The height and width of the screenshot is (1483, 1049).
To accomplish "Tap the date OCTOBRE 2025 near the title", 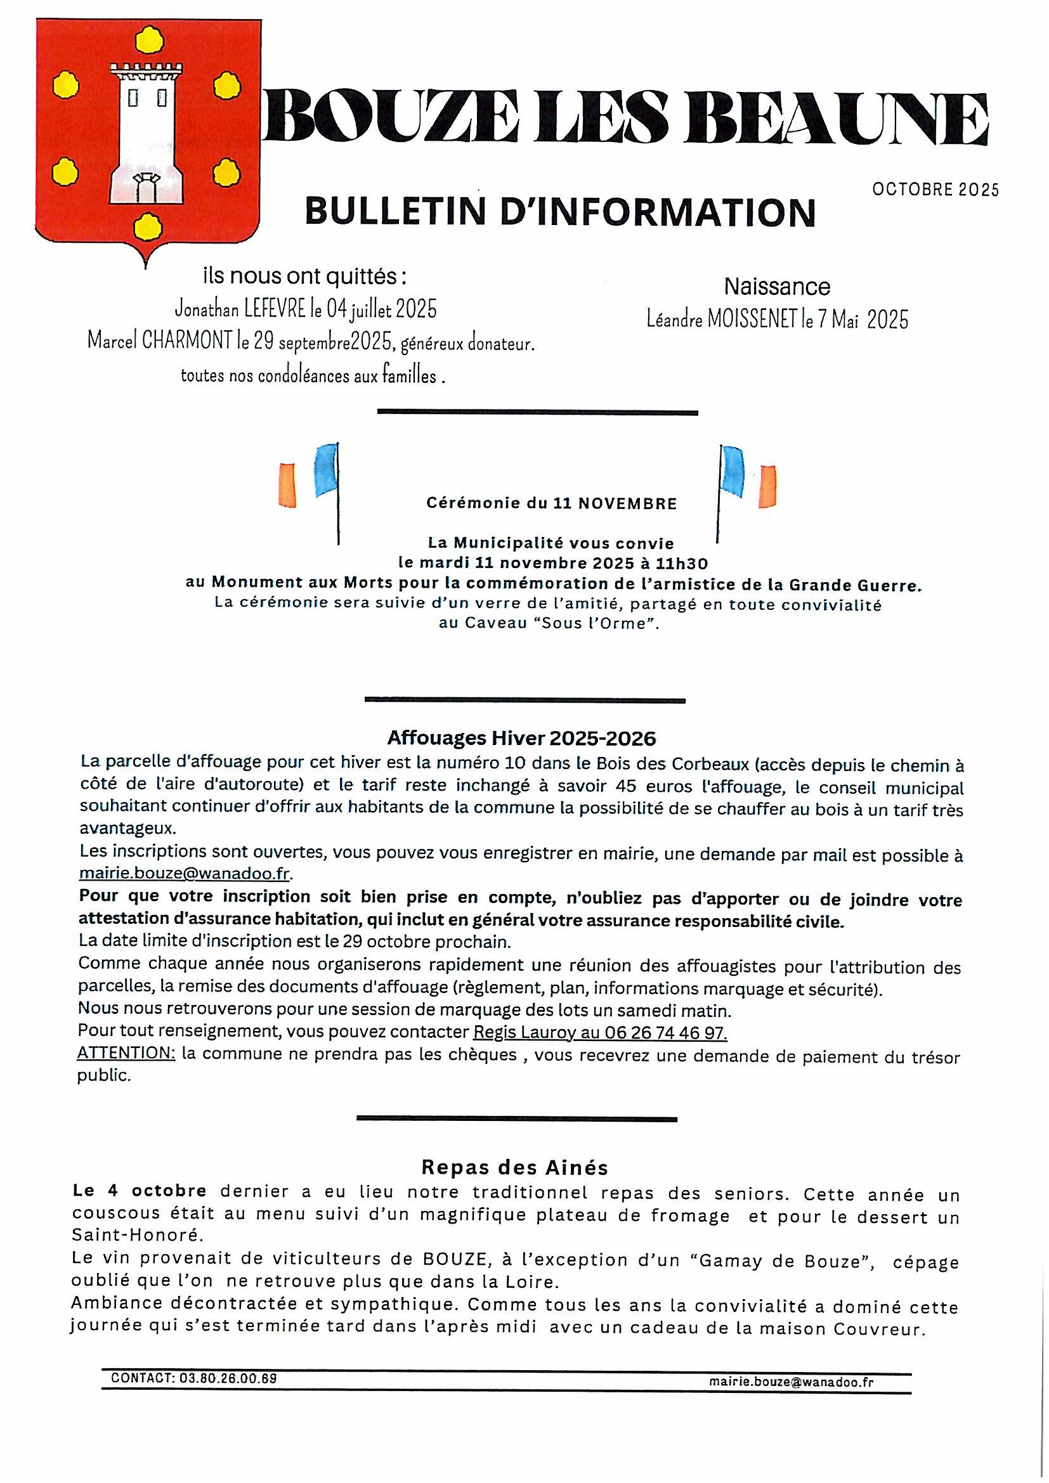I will (x=935, y=189).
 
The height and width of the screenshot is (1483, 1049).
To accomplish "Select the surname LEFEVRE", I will (x=275, y=309).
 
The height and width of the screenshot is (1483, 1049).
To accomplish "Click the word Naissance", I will (x=776, y=286).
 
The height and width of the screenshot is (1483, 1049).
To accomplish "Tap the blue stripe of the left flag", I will (x=326, y=469).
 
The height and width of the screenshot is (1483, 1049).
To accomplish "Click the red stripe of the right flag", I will (x=767, y=486).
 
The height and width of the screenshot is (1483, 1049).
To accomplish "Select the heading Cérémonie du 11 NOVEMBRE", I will (x=551, y=504).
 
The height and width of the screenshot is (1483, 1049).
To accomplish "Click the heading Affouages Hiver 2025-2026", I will (x=521, y=737).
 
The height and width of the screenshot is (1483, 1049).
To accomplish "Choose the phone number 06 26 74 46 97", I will (x=665, y=1033).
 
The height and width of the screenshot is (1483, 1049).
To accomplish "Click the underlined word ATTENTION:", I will (x=126, y=1053).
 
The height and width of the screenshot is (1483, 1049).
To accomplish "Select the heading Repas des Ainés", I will (x=515, y=1167).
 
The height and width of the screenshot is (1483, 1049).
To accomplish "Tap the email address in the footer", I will (x=791, y=1382).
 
